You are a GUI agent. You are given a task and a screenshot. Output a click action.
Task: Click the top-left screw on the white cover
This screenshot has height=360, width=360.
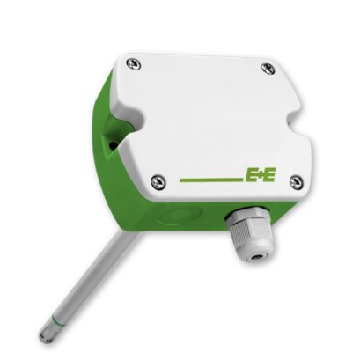coord(134,63)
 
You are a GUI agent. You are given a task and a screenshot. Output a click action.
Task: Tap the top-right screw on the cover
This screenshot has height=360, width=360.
coord(268,69)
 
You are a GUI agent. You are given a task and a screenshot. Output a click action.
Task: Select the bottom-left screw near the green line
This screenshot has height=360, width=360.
coord(158,182)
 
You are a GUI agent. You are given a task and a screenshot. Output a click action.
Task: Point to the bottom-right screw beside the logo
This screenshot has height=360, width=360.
coord(297,182)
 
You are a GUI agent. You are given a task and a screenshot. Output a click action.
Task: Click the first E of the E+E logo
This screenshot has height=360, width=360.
coord(251,175)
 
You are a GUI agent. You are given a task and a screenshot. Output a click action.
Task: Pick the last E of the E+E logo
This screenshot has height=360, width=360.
coord(268,174)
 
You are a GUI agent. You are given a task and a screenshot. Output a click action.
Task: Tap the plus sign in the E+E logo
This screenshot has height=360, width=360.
coord(260,174)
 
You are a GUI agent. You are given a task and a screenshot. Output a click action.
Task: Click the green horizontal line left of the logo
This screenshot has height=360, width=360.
coord(212,180)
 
